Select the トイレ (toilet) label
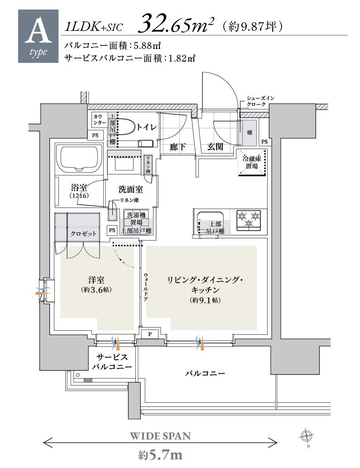147,127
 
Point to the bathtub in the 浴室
80,159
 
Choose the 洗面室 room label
130,189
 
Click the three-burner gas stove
249,220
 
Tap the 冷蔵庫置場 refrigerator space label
252,162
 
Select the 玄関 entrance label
215,146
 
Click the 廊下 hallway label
178,146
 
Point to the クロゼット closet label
83,233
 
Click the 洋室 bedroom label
96,280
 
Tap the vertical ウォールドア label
145,286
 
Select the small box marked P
150,334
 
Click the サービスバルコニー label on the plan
112,362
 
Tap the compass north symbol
306,436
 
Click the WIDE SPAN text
160,436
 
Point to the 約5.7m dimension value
160,454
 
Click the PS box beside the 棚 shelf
264,141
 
